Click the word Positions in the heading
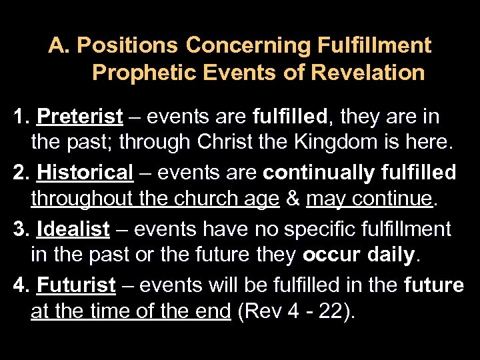(128, 46)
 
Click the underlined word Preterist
(80, 117)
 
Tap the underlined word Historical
(86, 173)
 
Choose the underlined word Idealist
(73, 229)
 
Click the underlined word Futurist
(77, 285)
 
